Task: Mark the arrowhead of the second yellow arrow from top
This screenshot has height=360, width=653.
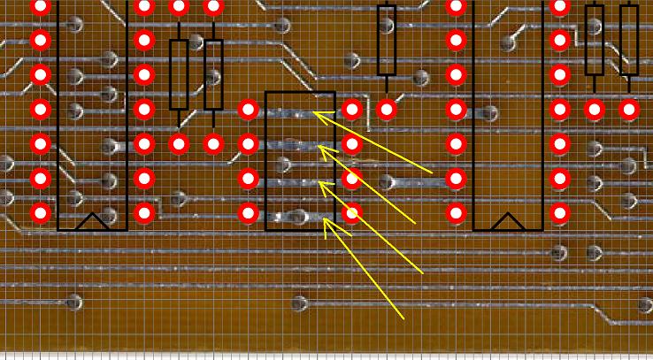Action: click(x=319, y=147)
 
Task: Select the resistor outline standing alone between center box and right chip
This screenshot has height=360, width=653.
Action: click(x=386, y=40)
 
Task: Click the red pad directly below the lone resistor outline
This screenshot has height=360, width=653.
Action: click(x=386, y=110)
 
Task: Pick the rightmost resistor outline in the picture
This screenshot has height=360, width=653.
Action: click(x=629, y=40)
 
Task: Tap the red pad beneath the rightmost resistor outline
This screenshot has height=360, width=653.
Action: click(x=629, y=110)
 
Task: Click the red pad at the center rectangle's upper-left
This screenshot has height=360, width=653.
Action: click(x=248, y=110)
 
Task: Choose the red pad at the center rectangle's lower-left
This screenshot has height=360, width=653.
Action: click(x=248, y=212)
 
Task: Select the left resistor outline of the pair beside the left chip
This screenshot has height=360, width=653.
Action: click(x=179, y=74)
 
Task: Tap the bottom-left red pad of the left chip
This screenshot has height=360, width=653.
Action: click(x=41, y=212)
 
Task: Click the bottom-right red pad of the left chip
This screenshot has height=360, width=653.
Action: click(x=144, y=212)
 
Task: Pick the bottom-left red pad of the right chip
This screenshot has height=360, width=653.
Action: click(x=456, y=212)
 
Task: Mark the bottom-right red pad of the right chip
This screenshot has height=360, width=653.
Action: click(x=559, y=212)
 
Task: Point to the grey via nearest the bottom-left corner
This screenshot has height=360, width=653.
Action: click(x=74, y=303)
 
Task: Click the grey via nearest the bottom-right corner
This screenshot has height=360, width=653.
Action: click(x=645, y=304)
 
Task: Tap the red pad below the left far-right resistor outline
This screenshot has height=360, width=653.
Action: click(x=595, y=110)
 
